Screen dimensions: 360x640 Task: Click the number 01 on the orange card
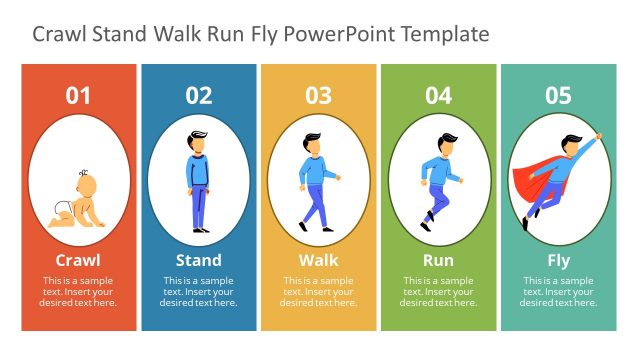[78, 96]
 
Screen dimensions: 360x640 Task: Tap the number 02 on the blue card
[199, 96]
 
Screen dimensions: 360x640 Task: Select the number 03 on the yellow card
[318, 96]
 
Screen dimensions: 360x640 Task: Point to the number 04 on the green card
[438, 96]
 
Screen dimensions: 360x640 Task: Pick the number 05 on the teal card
[558, 96]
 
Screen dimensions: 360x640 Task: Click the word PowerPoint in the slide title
[339, 34]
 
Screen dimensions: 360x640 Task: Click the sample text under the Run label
[438, 291]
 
